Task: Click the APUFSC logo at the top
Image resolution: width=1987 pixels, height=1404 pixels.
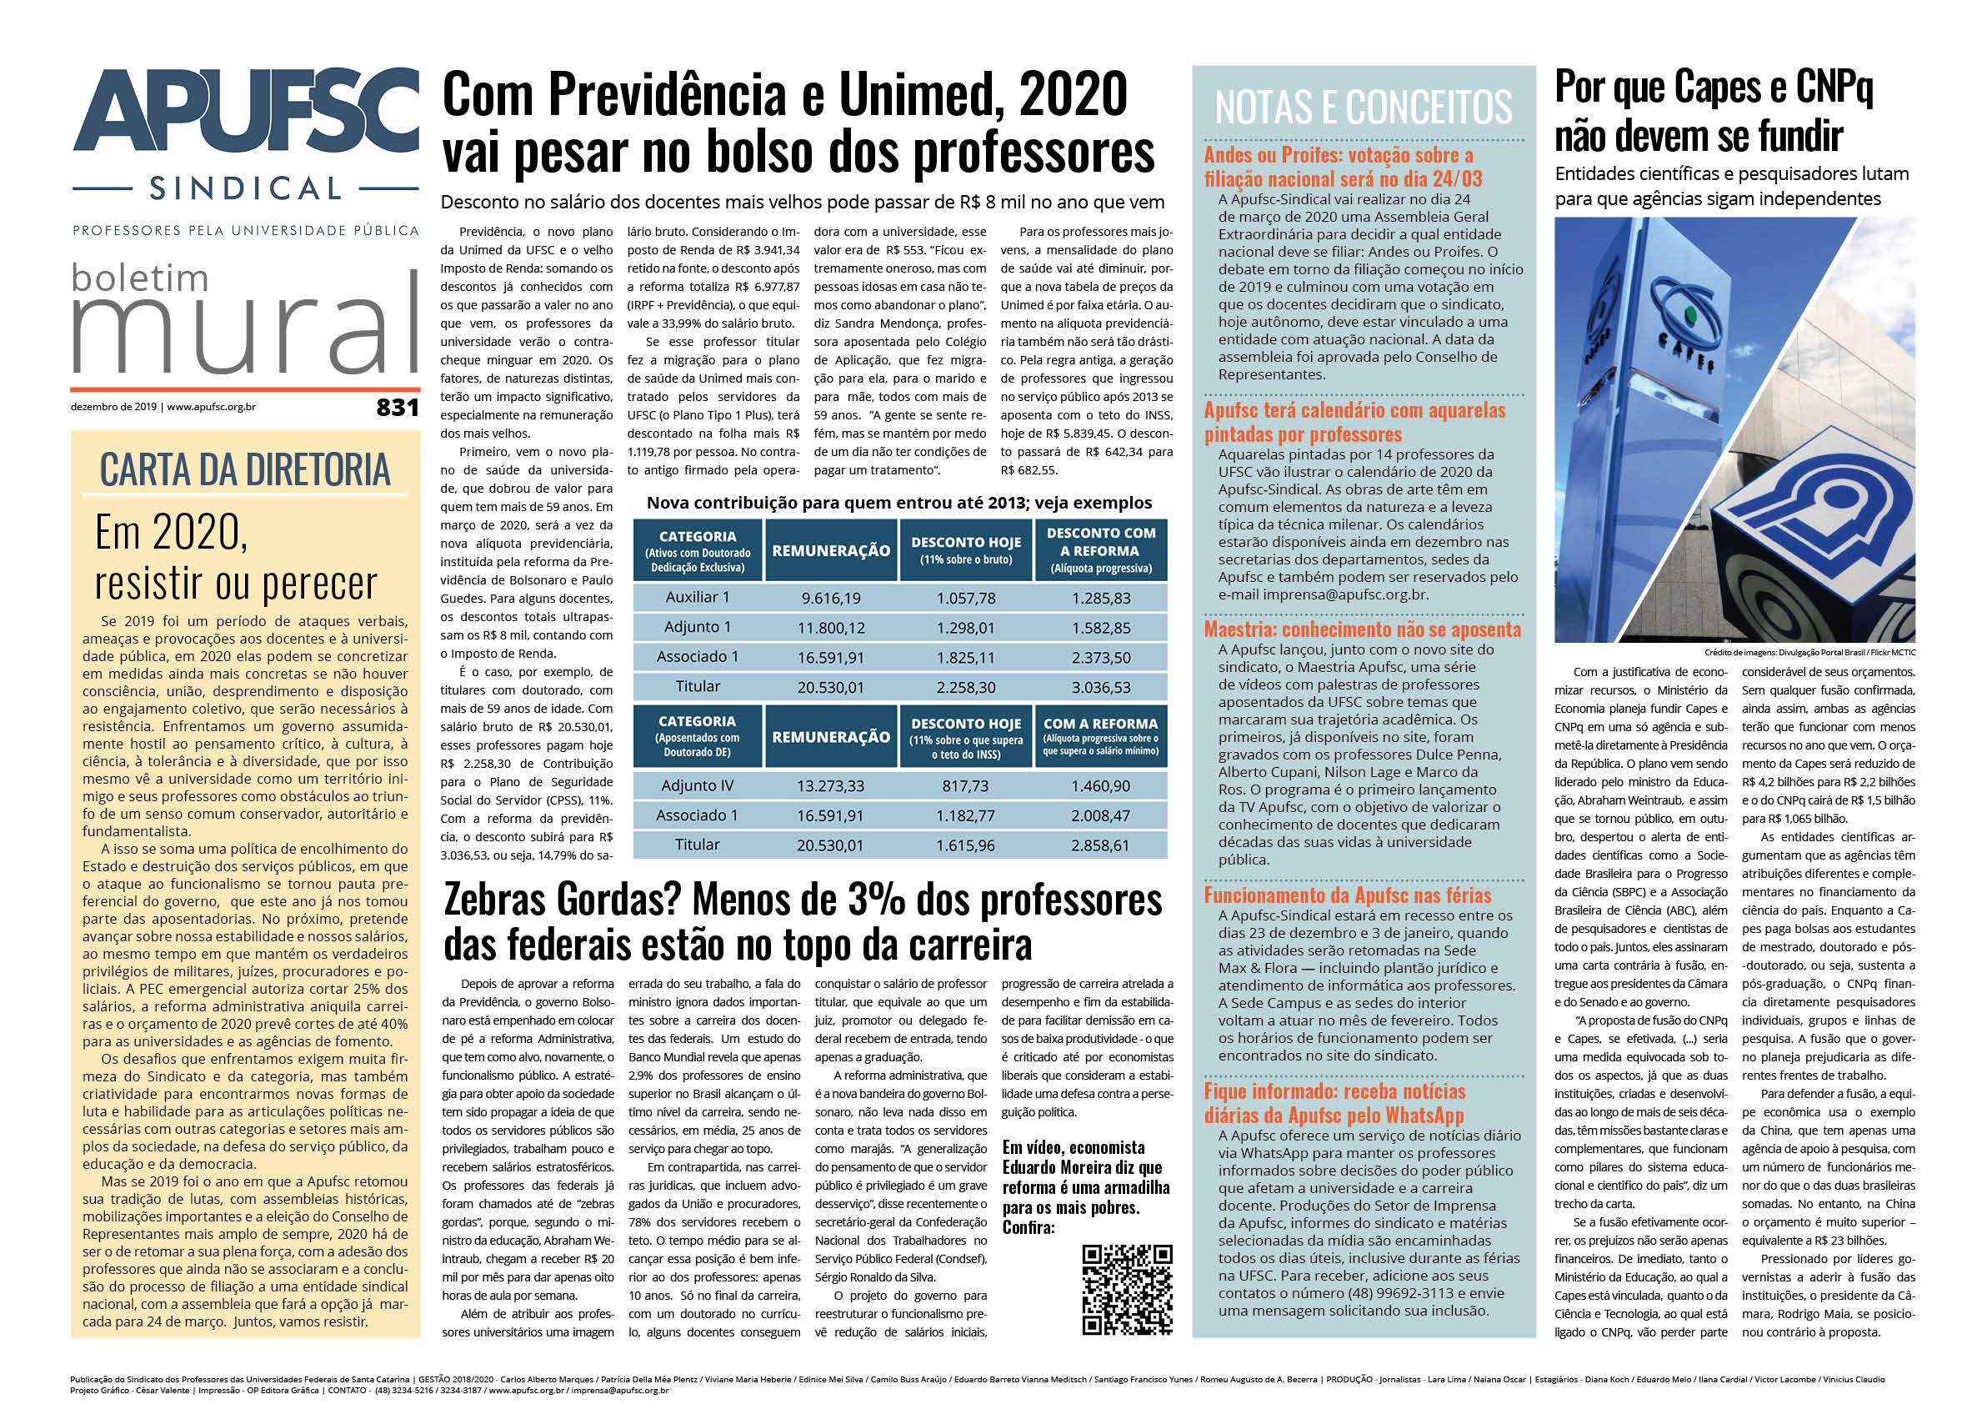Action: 246,114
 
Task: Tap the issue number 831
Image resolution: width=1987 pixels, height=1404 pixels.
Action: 398,407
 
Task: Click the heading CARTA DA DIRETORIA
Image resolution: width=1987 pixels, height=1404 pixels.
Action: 245,470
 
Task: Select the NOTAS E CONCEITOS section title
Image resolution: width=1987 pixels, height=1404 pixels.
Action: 1363,108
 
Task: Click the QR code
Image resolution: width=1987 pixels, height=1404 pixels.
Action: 1127,1289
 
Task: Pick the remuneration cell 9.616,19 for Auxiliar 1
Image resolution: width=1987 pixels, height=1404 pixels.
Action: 831,598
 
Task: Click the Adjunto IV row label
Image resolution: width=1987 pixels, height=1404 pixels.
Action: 697,786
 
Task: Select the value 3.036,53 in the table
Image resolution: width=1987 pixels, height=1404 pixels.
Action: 1101,687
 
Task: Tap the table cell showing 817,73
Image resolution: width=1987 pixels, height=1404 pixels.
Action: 966,786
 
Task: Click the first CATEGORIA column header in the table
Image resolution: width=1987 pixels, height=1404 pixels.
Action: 698,550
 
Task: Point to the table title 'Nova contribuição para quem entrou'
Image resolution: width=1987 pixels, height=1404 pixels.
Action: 899,503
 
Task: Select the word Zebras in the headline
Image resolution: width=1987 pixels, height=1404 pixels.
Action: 498,901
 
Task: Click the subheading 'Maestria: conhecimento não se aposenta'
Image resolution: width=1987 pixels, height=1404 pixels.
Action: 1362,629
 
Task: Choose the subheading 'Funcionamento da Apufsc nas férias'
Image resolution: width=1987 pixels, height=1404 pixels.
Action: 1348,895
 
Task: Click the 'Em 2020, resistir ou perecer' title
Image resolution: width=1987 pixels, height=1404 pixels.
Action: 235,557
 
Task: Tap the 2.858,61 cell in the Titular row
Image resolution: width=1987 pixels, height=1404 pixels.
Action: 1100,845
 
